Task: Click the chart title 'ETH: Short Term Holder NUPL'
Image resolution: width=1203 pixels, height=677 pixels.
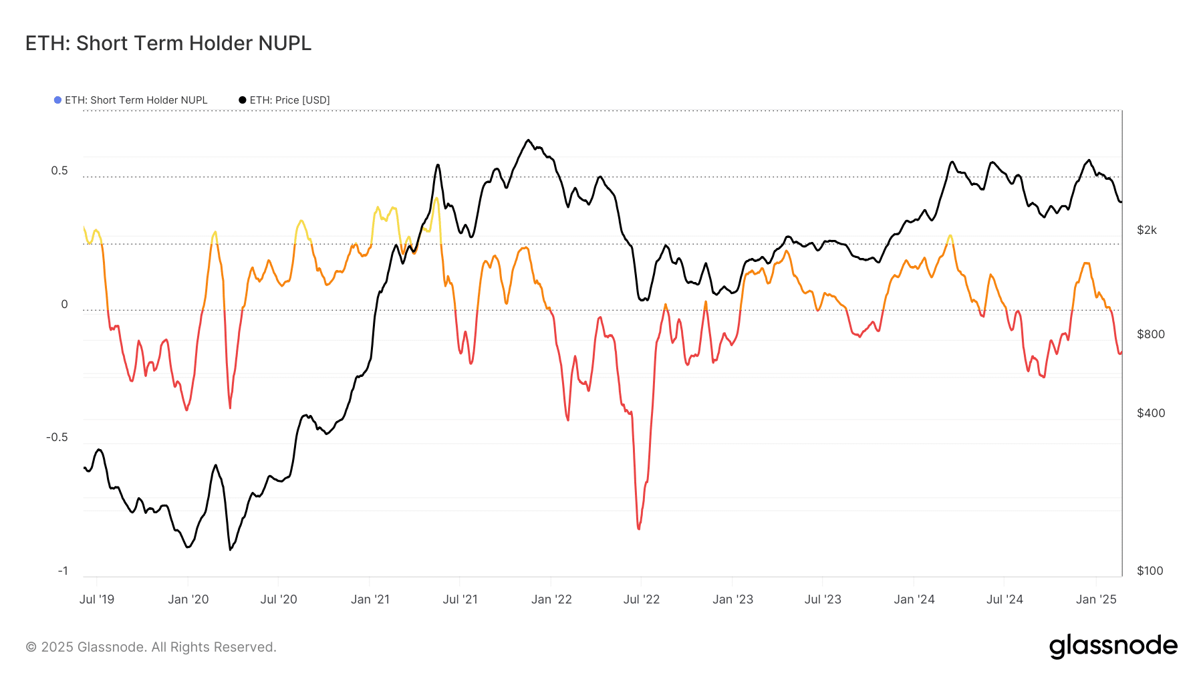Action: (x=168, y=43)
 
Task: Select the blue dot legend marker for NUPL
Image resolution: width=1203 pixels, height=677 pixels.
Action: (x=58, y=100)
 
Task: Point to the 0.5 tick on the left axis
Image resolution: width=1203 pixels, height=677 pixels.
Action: (x=59, y=171)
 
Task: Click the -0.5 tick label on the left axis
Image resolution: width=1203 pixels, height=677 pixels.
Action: (x=57, y=438)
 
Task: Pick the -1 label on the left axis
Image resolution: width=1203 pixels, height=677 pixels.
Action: (x=63, y=571)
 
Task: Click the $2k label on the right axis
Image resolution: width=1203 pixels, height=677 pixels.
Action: (x=1147, y=231)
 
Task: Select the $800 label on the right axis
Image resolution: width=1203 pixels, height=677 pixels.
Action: (x=1151, y=334)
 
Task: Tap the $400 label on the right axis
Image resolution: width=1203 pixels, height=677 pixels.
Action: (x=1151, y=413)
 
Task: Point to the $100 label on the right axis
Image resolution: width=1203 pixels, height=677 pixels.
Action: (x=1150, y=571)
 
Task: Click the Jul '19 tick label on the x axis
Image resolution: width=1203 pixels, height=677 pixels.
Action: (x=97, y=599)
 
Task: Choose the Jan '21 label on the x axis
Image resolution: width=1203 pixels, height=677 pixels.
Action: (x=370, y=599)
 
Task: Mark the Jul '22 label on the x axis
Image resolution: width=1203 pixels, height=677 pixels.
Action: (x=642, y=599)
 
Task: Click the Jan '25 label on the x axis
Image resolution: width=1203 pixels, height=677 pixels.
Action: (x=1096, y=599)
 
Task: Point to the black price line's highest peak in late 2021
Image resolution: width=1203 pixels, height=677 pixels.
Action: (x=528, y=140)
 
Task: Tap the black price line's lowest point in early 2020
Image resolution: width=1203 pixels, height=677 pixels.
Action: (x=231, y=549)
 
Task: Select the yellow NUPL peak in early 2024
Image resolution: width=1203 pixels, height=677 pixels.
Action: (x=950, y=236)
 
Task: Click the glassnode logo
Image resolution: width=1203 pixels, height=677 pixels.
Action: (x=1113, y=646)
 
